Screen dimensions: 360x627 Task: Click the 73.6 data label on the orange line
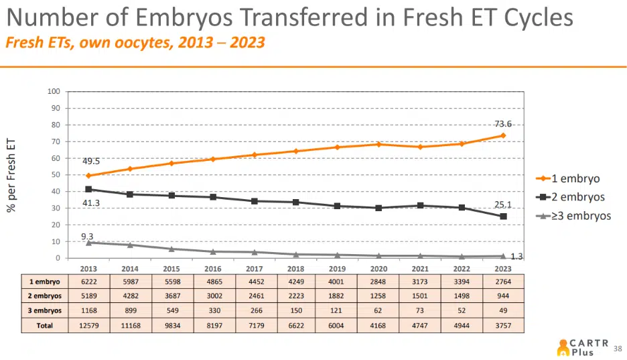pos(503,124)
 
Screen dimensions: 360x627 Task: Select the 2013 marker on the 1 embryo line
pos(88,176)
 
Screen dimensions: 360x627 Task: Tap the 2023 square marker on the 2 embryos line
pos(503,217)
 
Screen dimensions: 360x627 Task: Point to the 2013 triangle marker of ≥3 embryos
pos(88,243)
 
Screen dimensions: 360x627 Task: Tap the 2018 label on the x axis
pos(295,268)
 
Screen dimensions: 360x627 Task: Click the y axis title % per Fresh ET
pos(11,175)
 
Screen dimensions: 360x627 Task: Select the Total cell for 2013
pos(88,326)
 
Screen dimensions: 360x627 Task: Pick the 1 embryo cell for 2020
pos(378,282)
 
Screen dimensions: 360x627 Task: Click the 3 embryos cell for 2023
pos(503,311)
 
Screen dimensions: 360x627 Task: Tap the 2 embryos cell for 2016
pos(212,296)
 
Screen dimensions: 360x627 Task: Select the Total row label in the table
pos(44,326)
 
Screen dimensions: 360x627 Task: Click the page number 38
pos(618,348)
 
